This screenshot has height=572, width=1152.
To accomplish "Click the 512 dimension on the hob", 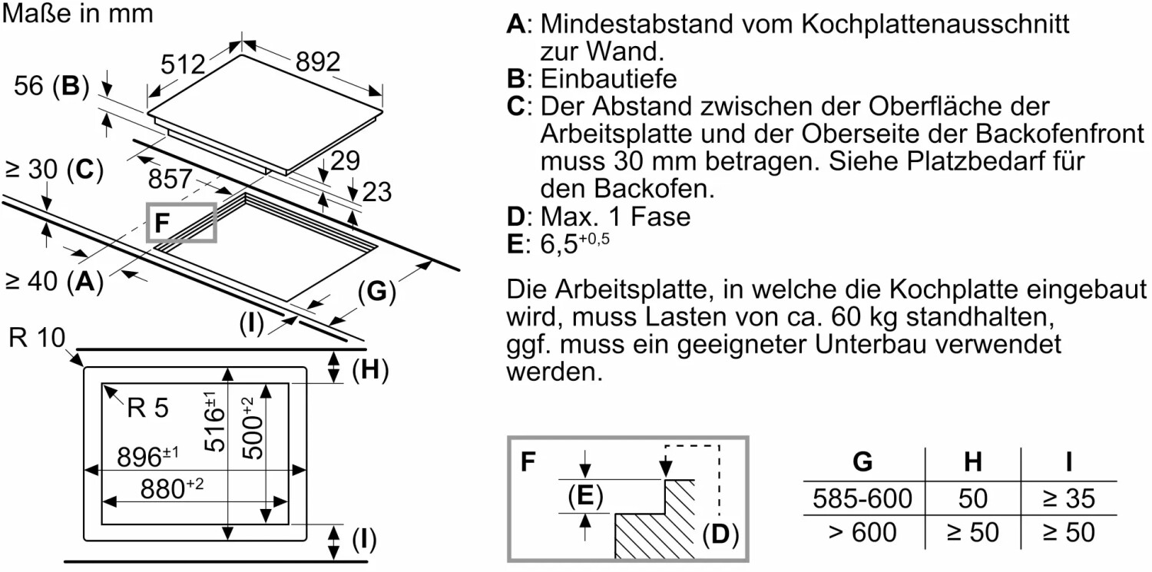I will [184, 65].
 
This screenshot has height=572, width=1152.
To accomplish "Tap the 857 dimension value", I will [170, 180].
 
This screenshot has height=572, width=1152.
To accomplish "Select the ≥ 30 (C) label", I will [54, 170].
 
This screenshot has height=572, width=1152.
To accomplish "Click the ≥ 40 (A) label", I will [54, 282].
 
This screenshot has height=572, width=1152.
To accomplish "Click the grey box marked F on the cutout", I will [181, 223].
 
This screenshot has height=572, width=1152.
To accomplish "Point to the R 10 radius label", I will [36, 338].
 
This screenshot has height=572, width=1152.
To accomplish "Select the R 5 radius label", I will [147, 408].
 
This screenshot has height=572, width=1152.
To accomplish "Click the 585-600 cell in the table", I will [862, 499].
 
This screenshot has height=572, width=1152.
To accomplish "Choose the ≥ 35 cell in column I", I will [1068, 499].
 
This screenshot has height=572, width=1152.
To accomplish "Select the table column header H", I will [973, 462].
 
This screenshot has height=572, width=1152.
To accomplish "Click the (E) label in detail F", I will [585, 498].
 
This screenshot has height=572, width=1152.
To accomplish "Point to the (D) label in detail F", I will [720, 534].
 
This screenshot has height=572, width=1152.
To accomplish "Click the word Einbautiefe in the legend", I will [609, 78].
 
